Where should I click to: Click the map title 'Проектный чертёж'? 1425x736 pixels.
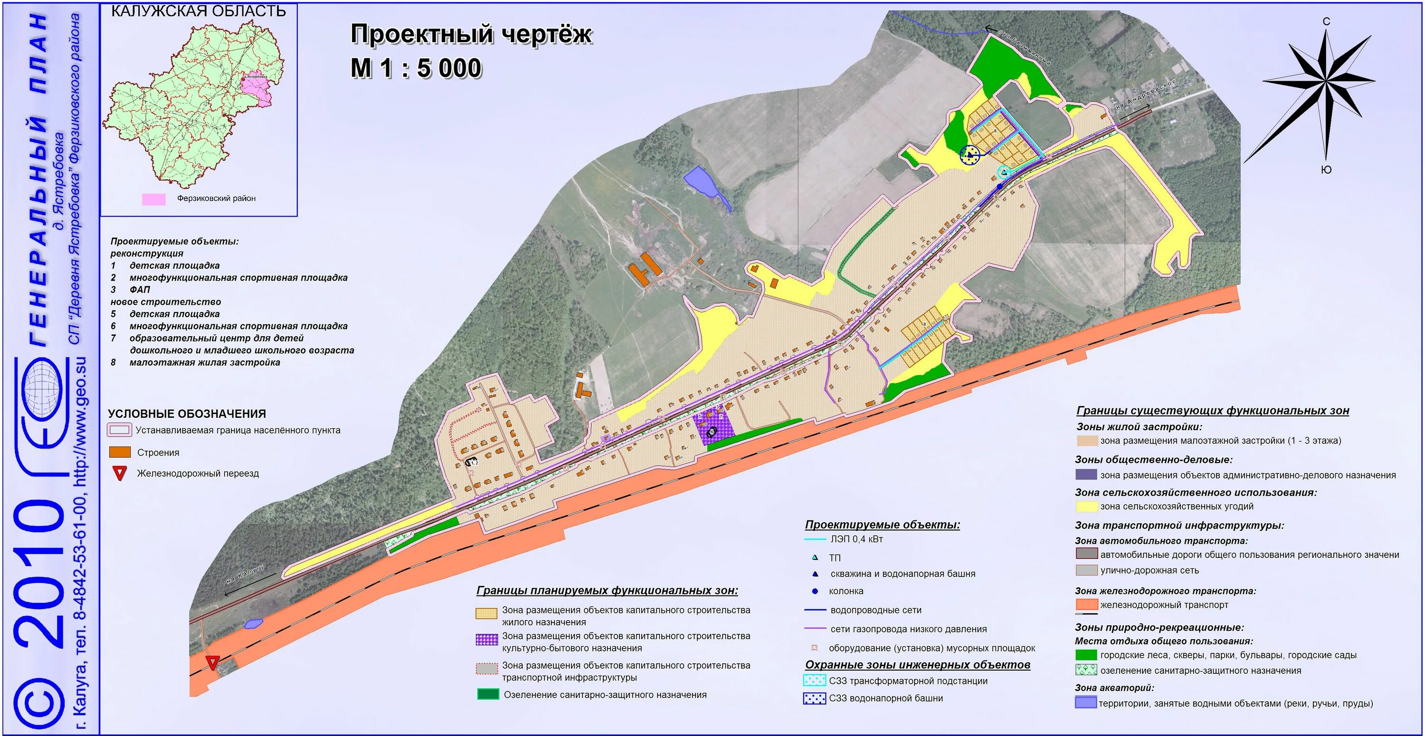tap(471, 34)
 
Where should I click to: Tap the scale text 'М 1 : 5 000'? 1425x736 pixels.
tap(416, 68)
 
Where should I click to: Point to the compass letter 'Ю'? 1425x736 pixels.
tap(1326, 170)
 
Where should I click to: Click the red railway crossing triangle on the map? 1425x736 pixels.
tap(212, 662)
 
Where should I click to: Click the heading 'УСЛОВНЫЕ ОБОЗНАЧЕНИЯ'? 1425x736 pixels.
tap(187, 414)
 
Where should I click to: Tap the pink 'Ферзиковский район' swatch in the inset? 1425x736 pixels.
tap(154, 199)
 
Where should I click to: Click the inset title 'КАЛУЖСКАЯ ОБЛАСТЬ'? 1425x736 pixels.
tap(198, 11)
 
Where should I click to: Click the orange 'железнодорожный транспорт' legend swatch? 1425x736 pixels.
tap(1086, 604)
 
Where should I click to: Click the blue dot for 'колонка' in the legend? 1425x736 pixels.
tap(815, 591)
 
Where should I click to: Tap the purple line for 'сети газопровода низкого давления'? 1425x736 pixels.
tap(815, 629)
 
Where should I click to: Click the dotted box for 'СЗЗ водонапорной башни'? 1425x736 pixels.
tap(814, 698)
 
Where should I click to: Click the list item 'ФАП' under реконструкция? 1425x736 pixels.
tap(139, 290)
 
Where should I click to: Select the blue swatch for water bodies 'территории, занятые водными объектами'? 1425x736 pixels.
tap(1085, 703)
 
